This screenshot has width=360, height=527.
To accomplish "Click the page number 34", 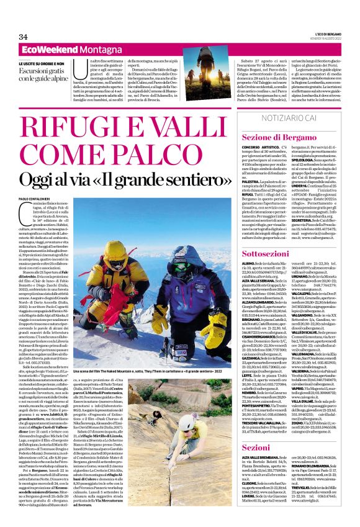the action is (x=24, y=37).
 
